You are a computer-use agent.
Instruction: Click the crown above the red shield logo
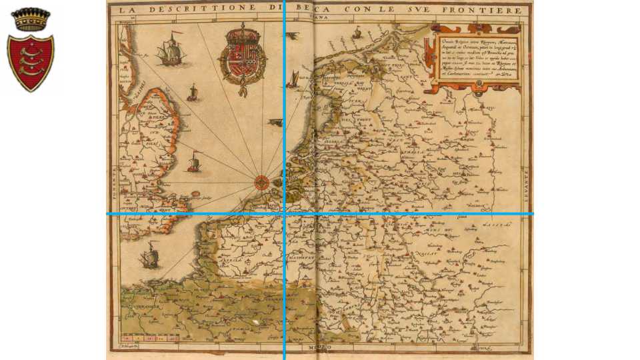[31, 19]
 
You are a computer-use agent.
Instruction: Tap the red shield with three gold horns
[31, 63]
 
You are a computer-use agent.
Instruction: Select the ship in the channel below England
[150, 257]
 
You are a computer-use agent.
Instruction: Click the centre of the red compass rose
[262, 180]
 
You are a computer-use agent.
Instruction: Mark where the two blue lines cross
[285, 214]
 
